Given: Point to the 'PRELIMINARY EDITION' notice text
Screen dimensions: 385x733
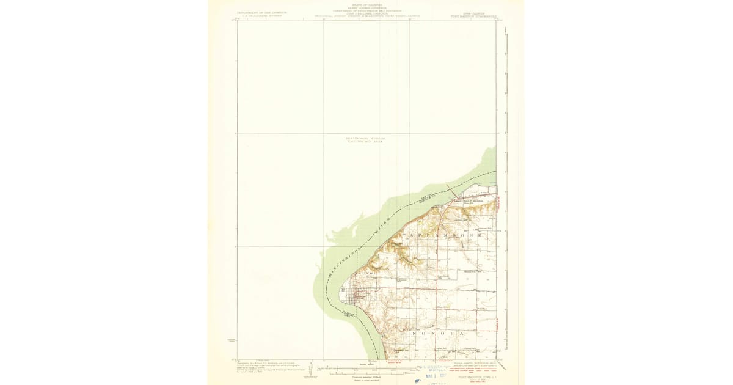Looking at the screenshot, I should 366,138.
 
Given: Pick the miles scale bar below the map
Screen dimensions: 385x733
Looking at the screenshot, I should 366,367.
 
